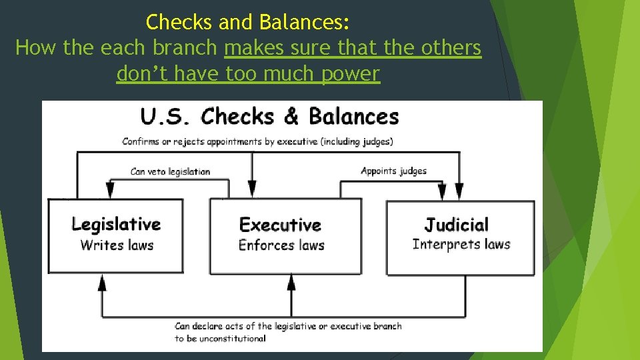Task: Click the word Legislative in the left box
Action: click(x=116, y=225)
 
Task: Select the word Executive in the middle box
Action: click(x=280, y=225)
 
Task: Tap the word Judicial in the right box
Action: click(x=457, y=225)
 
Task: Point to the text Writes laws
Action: click(x=117, y=245)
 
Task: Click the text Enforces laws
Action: click(x=281, y=245)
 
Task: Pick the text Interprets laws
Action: click(x=461, y=244)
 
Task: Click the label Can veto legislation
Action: click(x=171, y=172)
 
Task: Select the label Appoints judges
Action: click(x=393, y=171)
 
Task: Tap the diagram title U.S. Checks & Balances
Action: click(x=269, y=117)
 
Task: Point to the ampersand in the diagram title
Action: click(x=291, y=117)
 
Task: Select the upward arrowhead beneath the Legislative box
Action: click(x=102, y=283)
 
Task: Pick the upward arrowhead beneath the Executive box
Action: click(x=291, y=283)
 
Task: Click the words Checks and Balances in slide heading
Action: click(x=247, y=23)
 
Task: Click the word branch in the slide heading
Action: click(x=187, y=48)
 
